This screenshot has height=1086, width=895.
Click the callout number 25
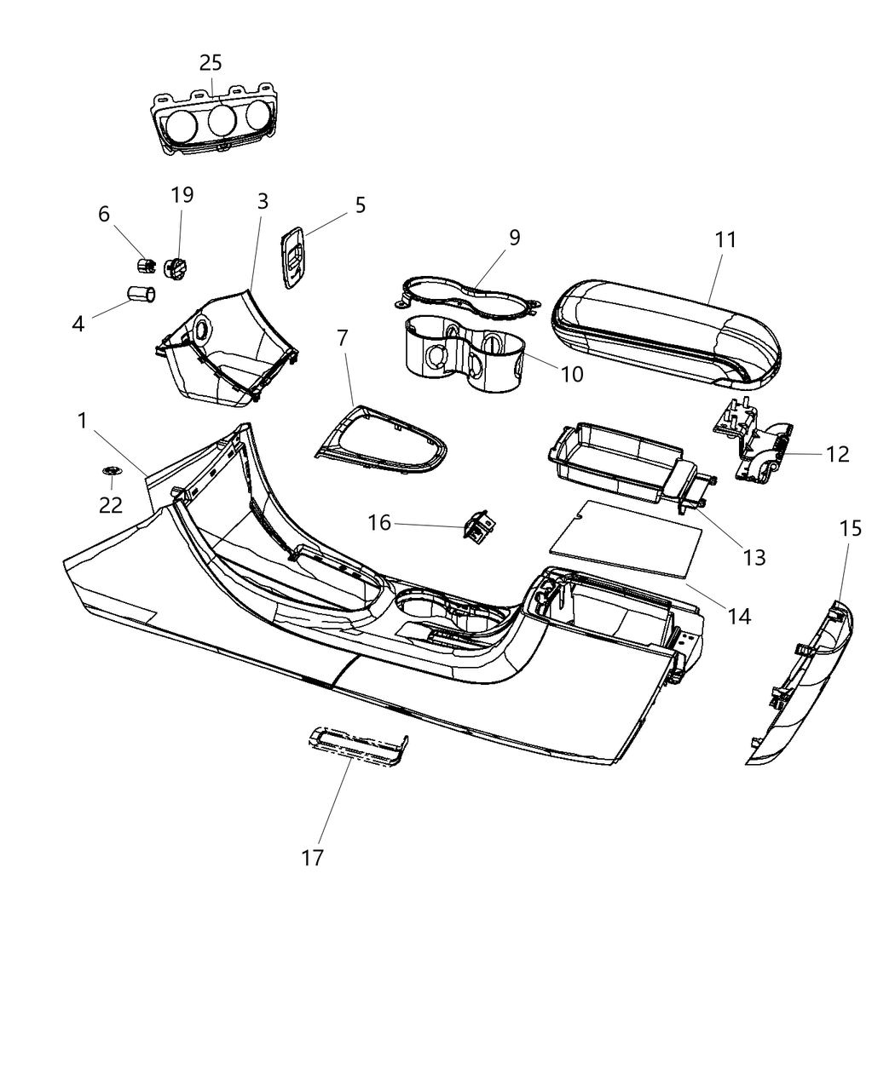point(211,62)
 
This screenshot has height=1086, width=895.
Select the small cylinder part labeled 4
point(141,295)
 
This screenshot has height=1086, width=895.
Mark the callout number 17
point(313,857)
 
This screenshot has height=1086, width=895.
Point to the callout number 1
point(83,420)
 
